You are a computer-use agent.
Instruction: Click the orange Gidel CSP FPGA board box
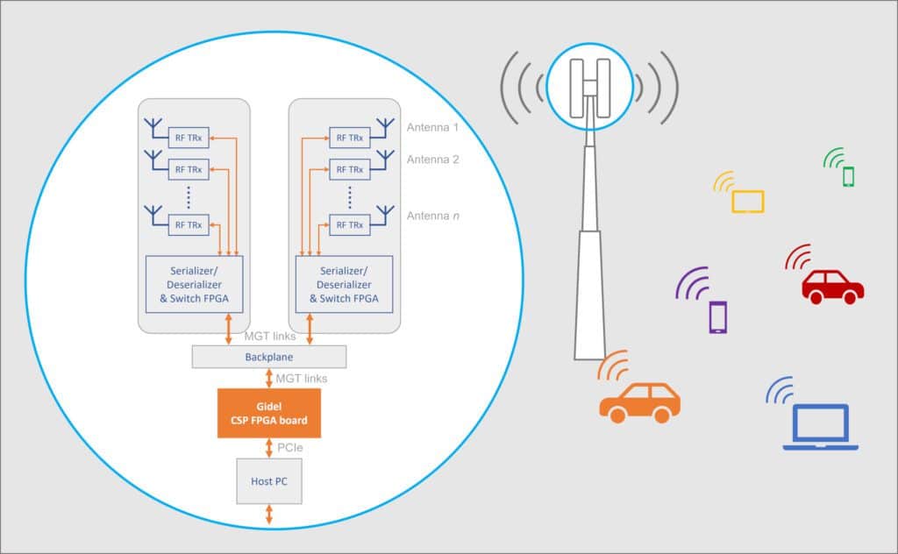pyautogui.click(x=269, y=414)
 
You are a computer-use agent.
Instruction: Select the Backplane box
pyautogui.click(x=269, y=357)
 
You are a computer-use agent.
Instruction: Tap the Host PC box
pyautogui.click(x=269, y=480)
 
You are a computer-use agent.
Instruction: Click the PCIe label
pyautogui.click(x=291, y=447)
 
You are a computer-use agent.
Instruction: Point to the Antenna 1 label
pyautogui.click(x=433, y=128)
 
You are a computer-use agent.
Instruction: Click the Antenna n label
pyautogui.click(x=433, y=216)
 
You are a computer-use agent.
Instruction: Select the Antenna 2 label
pyautogui.click(x=433, y=160)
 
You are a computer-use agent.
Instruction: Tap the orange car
pyautogui.click(x=639, y=402)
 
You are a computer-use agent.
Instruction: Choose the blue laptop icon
pyautogui.click(x=820, y=427)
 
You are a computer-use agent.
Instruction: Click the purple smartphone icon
pyautogui.click(x=718, y=316)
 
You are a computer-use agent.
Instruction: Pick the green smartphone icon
pyautogui.click(x=848, y=176)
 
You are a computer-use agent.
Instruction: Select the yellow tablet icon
pyautogui.click(x=748, y=202)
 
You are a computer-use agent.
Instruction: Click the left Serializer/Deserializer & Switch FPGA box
pyautogui.click(x=194, y=284)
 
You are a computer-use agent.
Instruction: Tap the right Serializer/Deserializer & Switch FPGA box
pyautogui.click(x=345, y=284)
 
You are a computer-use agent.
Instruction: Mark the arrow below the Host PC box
pyautogui.click(x=269, y=515)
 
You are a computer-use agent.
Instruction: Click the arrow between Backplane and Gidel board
pyautogui.click(x=269, y=379)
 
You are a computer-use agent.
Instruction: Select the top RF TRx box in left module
pyautogui.click(x=189, y=137)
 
